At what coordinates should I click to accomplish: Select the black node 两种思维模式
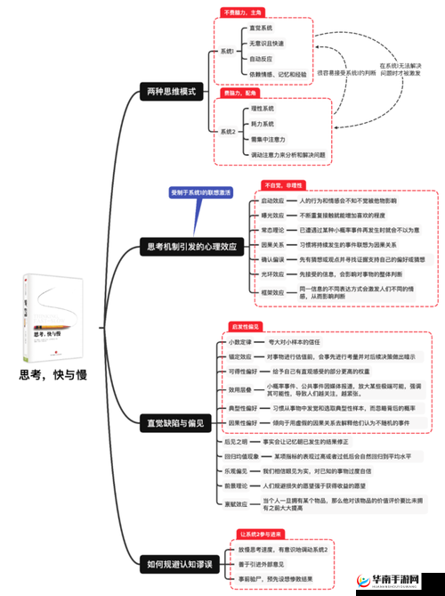click(x=174, y=91)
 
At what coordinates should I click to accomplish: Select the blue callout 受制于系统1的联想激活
click(x=200, y=192)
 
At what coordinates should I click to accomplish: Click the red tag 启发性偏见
click(x=246, y=326)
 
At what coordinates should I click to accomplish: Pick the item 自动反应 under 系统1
click(x=262, y=55)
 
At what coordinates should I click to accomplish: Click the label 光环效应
click(x=272, y=274)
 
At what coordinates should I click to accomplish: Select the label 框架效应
click(x=272, y=291)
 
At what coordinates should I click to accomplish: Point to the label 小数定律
click(x=240, y=341)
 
